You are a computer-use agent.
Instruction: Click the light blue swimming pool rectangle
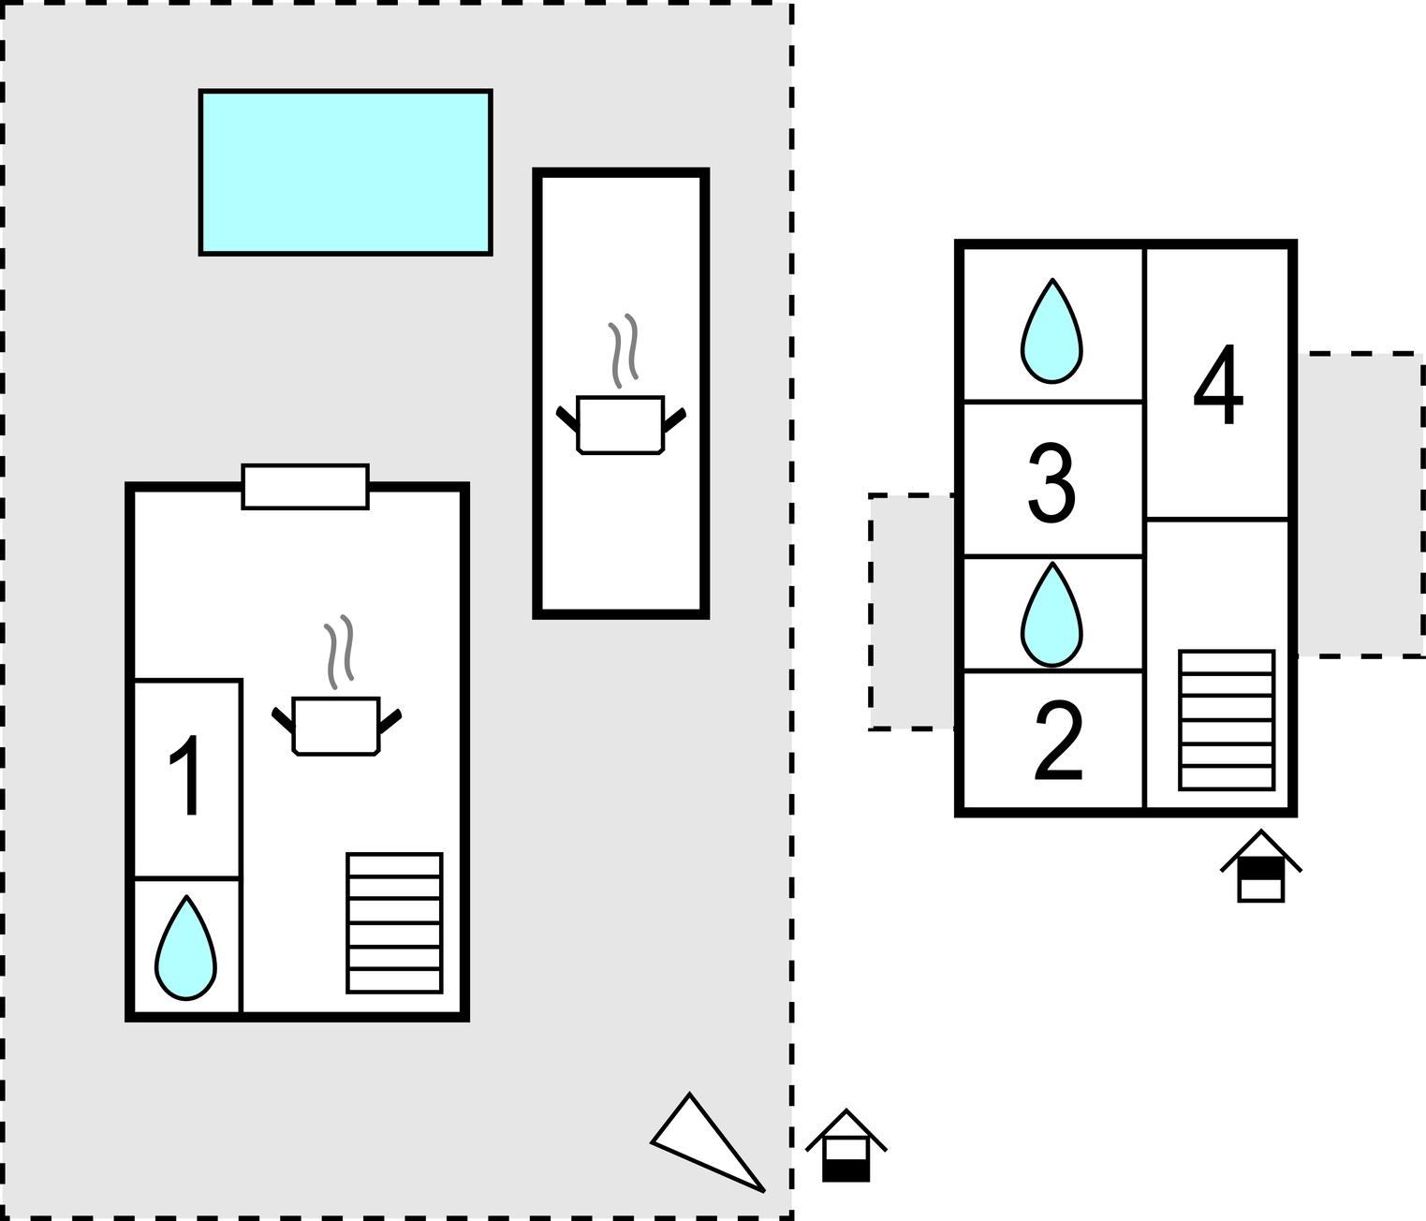click(345, 172)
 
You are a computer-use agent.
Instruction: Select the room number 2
click(1059, 742)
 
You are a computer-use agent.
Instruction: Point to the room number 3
click(1051, 481)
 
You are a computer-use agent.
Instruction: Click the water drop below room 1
click(186, 948)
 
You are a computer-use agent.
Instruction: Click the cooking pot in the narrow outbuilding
click(621, 425)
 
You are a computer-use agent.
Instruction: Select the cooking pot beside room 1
click(336, 726)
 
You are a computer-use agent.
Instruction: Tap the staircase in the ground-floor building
click(394, 922)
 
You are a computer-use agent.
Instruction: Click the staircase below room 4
click(1227, 720)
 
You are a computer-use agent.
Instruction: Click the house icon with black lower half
click(846, 1146)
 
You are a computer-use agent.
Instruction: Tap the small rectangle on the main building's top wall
click(305, 487)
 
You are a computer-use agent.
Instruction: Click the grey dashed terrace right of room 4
click(1360, 505)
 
